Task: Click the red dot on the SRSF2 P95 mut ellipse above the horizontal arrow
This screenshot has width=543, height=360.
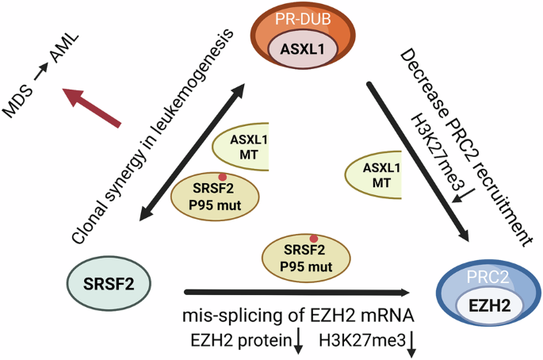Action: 314,238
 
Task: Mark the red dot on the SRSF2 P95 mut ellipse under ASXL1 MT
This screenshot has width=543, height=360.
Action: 223,177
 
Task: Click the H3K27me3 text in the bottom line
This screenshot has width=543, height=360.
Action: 359,342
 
